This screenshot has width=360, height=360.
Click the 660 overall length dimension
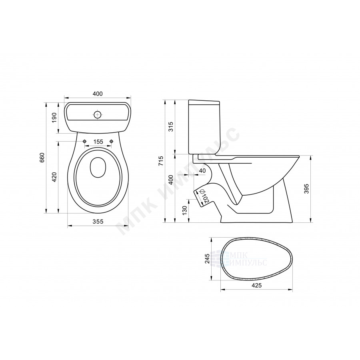coord(42,158)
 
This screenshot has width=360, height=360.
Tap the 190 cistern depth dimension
coord(54,117)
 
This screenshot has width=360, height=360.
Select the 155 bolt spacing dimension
coord(98,142)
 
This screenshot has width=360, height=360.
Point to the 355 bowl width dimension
coord(98,222)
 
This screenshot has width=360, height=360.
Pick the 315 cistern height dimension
coord(171,126)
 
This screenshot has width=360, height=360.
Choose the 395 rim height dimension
coord(306,188)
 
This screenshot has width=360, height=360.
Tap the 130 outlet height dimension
coord(184,210)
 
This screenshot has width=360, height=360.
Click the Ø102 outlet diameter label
coord(204,196)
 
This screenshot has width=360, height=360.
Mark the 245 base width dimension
coord(207,258)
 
